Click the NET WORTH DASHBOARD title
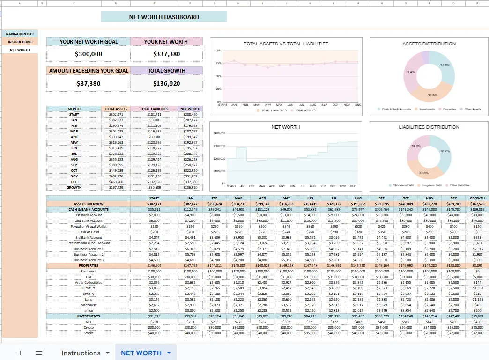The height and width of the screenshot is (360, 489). point(164,17)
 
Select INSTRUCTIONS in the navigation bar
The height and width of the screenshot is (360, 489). point(20,42)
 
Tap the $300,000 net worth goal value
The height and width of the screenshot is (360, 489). point(89,54)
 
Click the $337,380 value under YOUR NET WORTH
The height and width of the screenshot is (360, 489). point(166,54)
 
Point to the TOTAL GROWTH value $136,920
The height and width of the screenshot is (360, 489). point(166,84)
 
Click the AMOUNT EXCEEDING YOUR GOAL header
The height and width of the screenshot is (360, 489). point(89,71)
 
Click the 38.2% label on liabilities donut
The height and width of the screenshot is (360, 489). point(445,151)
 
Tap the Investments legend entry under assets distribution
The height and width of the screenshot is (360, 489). point(426,109)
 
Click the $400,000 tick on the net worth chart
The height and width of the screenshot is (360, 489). point(219,133)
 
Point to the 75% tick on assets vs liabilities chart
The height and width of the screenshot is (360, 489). point(218,63)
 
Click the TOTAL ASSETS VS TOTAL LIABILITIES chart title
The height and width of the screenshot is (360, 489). point(286,44)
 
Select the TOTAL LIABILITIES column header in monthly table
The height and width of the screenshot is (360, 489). point(154,109)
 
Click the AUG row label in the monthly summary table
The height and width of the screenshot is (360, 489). point(74,159)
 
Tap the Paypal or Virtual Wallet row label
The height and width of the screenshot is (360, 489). point(89,226)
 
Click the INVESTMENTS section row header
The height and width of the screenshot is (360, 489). point(89,316)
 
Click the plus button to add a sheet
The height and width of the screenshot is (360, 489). point(20,353)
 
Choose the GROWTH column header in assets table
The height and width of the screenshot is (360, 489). point(477,198)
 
